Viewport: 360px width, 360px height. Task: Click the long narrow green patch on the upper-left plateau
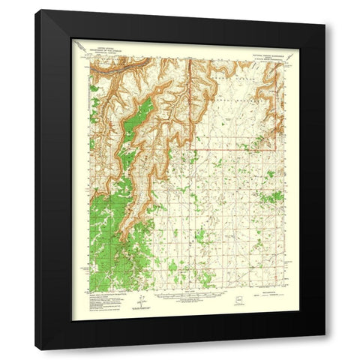136,120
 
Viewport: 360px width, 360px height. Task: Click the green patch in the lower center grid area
199,236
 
